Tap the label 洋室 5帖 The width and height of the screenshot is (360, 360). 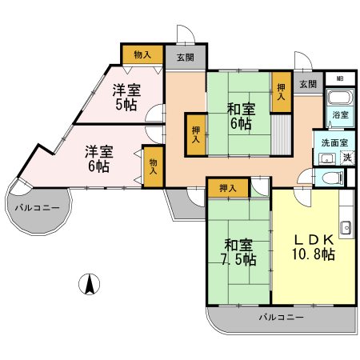(x=124, y=98)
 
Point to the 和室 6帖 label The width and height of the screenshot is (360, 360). (x=239, y=115)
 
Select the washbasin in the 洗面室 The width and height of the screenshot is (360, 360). (x=327, y=158)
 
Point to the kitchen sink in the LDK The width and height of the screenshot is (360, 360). (x=346, y=227)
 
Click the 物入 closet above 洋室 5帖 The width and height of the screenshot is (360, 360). (x=142, y=55)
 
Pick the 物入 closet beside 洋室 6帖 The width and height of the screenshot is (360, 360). (x=153, y=167)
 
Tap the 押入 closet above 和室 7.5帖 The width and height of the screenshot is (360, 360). (x=227, y=188)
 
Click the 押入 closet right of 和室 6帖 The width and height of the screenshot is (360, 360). (x=281, y=91)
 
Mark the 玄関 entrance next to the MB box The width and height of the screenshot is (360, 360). (x=308, y=84)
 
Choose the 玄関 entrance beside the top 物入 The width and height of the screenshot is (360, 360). (x=185, y=57)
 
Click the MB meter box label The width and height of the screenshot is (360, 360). (x=340, y=78)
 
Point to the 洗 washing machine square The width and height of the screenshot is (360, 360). (x=346, y=157)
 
